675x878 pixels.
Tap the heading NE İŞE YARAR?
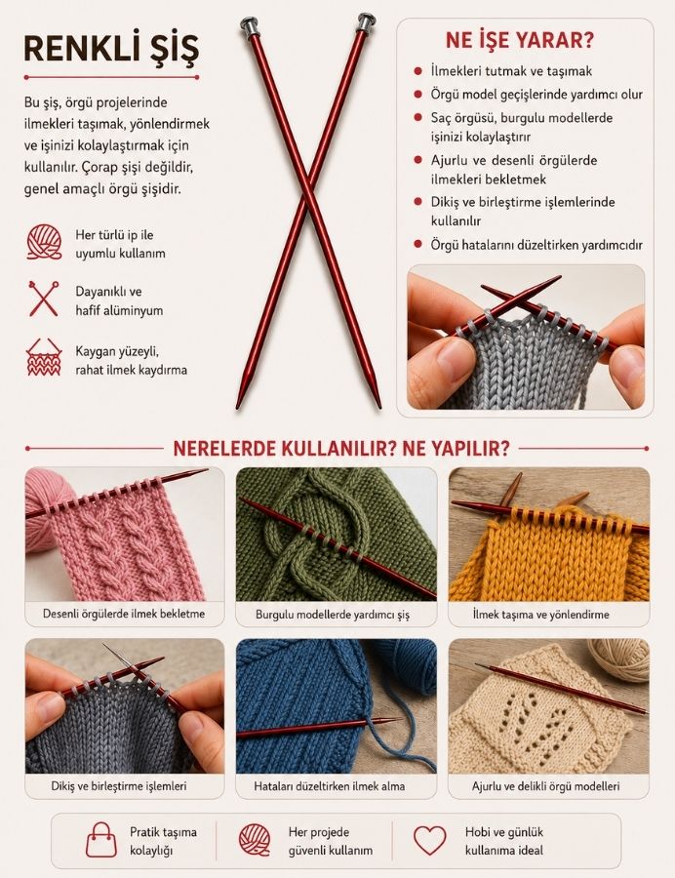pos(519,40)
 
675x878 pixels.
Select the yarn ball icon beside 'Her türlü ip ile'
pos(44,242)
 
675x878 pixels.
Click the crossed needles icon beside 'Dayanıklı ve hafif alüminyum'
pos(44,299)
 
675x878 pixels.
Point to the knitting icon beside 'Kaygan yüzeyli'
pos(44,357)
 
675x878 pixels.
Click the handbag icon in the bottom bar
pos(101,839)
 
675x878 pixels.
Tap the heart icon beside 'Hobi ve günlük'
pos(430,840)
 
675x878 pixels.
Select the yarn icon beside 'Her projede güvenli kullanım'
pos(255,840)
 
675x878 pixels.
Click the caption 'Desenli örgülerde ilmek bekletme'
pos(124,614)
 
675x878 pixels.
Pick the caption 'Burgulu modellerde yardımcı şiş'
pos(333,615)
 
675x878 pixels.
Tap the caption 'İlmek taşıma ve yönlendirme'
pos(540,615)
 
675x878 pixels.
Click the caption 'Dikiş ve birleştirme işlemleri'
pos(119,785)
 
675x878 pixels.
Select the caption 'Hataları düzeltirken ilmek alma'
pos(329,786)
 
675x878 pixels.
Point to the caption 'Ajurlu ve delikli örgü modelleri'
pos(545,786)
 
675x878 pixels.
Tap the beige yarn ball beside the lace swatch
pos(619,659)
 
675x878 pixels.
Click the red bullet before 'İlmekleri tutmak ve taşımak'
pos(417,71)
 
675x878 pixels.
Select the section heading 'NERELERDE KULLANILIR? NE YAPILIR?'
pos(340,449)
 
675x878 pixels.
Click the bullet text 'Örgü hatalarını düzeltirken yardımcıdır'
pos(536,245)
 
